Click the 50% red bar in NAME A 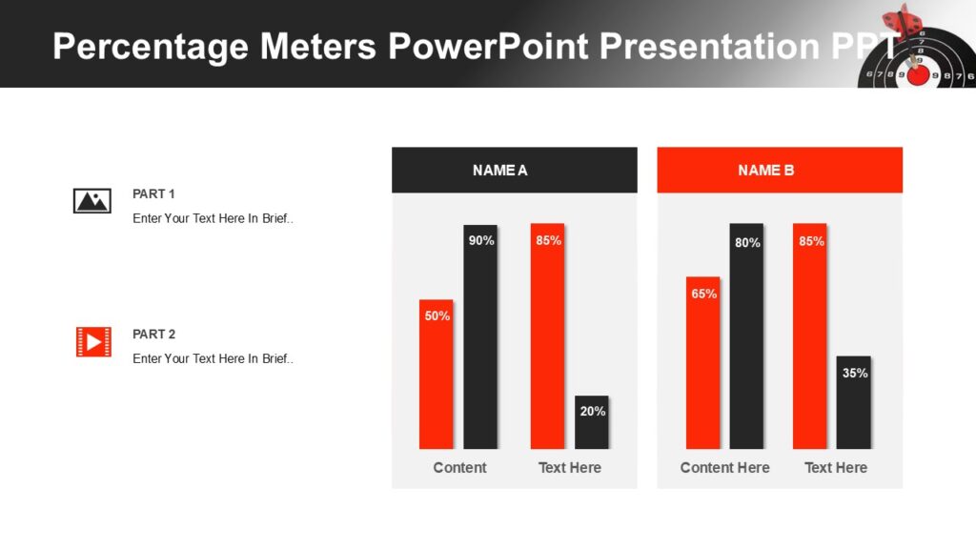tap(437, 374)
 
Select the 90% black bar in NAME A tap(480, 336)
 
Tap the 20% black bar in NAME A tap(592, 422)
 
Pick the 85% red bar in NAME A tap(548, 335)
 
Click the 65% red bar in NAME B tap(703, 362)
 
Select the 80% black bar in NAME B tap(747, 335)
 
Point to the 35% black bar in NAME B tap(854, 402)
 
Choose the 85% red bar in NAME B tap(810, 335)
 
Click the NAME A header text tap(499, 171)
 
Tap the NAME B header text tap(765, 171)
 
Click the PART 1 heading tap(153, 193)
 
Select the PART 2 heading tap(153, 335)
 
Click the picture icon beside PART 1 tap(92, 201)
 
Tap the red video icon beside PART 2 tap(93, 341)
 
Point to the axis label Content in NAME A tap(459, 468)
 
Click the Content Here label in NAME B tap(724, 468)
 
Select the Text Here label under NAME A tap(569, 468)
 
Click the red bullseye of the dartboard tap(918, 74)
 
